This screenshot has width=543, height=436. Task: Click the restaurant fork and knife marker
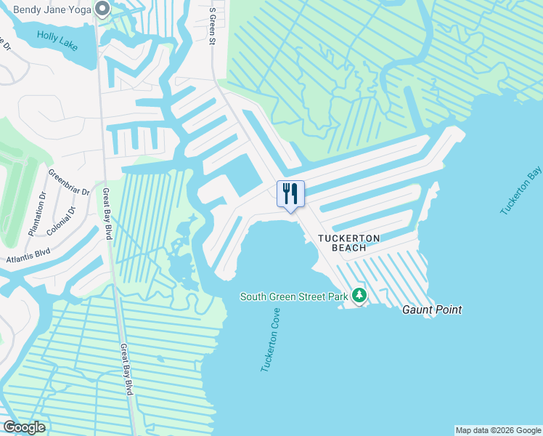(290, 193)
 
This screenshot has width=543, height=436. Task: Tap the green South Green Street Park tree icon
(359, 296)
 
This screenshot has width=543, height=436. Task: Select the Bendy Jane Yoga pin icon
(102, 9)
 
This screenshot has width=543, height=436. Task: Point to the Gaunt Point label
(432, 310)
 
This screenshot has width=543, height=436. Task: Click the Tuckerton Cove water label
(270, 339)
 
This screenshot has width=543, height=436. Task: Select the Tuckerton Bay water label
(521, 190)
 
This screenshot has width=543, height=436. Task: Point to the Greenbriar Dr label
(68, 183)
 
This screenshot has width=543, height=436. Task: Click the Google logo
(24, 427)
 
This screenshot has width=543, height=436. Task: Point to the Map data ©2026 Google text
(498, 430)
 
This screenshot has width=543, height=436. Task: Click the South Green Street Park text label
(294, 296)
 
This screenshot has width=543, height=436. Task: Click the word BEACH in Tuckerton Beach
(345, 248)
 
